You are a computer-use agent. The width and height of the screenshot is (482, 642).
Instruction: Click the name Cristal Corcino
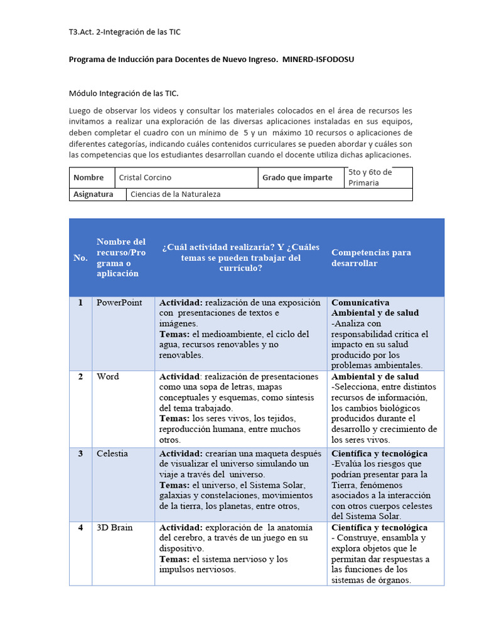point(145,177)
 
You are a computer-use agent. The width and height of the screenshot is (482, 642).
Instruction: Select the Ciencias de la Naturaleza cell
point(175,194)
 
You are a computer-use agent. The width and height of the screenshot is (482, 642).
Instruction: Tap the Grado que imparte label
point(297,177)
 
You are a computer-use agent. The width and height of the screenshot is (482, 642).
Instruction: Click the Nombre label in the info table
point(88,177)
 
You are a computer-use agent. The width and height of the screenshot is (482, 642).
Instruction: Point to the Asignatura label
point(94,194)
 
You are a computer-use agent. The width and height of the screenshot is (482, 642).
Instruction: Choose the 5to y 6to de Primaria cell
point(370,177)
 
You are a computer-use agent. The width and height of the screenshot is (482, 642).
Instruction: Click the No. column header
point(80,258)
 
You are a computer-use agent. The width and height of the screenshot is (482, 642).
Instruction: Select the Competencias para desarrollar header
point(371,258)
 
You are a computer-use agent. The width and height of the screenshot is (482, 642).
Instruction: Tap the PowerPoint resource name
point(119,302)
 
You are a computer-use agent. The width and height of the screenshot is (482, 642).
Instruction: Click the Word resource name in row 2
point(107,376)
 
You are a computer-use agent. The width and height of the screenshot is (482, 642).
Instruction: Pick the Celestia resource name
point(112,453)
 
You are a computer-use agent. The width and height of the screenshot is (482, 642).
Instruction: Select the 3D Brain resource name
point(114,527)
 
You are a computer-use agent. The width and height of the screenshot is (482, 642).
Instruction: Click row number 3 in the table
point(80,453)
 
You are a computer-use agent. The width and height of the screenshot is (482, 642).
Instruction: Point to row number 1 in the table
point(80,302)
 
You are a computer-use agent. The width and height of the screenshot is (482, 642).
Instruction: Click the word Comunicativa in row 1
point(360,302)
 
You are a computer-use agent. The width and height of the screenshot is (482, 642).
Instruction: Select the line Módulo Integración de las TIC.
point(124,93)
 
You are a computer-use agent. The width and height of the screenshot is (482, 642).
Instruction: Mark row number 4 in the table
point(80,527)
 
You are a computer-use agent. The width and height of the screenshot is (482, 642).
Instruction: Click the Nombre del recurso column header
point(121,258)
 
